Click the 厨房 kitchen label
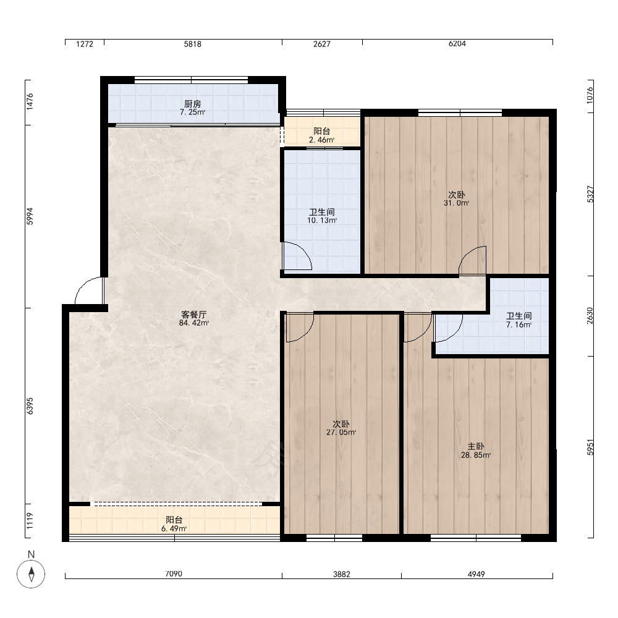pos(192,104)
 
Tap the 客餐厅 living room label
pos(193,315)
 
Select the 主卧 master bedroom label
pos(476,447)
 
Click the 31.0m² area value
pos(457,203)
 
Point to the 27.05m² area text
pos(341,433)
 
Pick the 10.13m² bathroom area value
pos(322,221)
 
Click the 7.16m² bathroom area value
pos(519,325)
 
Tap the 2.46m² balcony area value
pos(321,140)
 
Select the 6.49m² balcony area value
pos(174,528)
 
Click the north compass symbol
pos(31,574)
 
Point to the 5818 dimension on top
pos(192,44)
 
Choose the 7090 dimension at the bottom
pos(174,574)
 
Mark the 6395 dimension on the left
pos(30,406)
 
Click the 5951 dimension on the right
pos(590,447)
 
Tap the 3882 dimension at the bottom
pos(341,574)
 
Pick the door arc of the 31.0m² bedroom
pos(467,254)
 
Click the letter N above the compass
pos(31,554)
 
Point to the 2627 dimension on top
pos(321,44)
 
